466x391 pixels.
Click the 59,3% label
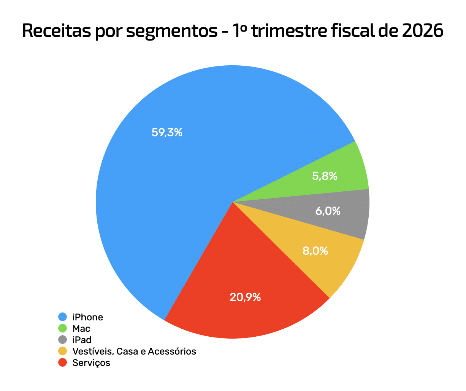tap(167, 132)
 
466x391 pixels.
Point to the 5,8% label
tap(325, 176)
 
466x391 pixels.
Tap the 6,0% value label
tap(328, 211)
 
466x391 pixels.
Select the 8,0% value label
tap(315, 251)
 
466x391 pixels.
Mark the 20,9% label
tap(245, 297)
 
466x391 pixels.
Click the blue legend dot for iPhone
tap(63, 317)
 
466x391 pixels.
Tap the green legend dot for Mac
tap(63, 328)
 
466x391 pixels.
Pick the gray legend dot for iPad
tap(63, 340)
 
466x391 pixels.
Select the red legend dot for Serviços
tap(63, 363)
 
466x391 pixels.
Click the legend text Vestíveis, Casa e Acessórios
tap(134, 351)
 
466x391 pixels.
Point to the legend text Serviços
tap(91, 363)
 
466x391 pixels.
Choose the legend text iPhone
tap(88, 317)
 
